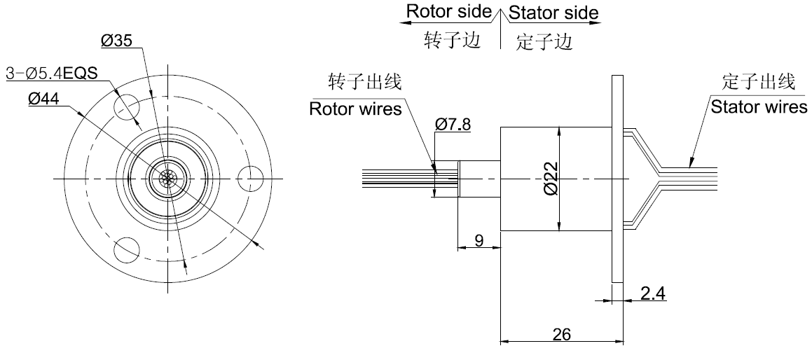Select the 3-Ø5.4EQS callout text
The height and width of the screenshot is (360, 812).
51,73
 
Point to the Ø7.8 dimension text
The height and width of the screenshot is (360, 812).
453,124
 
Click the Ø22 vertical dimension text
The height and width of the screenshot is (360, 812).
551,179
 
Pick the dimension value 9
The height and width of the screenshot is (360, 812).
479,241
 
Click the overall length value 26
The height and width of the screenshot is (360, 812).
561,335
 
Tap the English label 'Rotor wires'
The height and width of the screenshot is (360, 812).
356,109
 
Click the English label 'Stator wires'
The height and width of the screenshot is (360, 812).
759,107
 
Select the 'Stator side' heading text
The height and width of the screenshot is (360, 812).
553,13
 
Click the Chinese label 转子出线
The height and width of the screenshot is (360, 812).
365,82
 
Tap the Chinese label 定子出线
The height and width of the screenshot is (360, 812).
759,82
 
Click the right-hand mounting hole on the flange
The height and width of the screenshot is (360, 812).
250,178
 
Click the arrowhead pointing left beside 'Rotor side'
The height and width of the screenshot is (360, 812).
405,22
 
